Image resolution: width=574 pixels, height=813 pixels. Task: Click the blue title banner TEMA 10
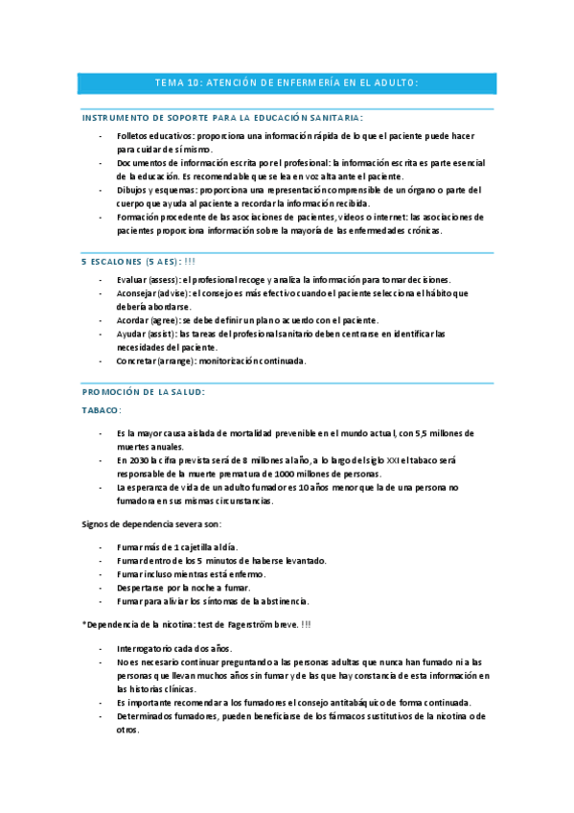(287, 83)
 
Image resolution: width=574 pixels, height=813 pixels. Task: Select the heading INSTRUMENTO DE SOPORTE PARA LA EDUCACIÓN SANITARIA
(222, 117)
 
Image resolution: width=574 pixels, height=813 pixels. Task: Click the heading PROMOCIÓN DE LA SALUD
(143, 392)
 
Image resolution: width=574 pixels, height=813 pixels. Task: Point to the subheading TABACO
(102, 409)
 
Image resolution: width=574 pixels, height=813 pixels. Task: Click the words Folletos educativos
(148, 136)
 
